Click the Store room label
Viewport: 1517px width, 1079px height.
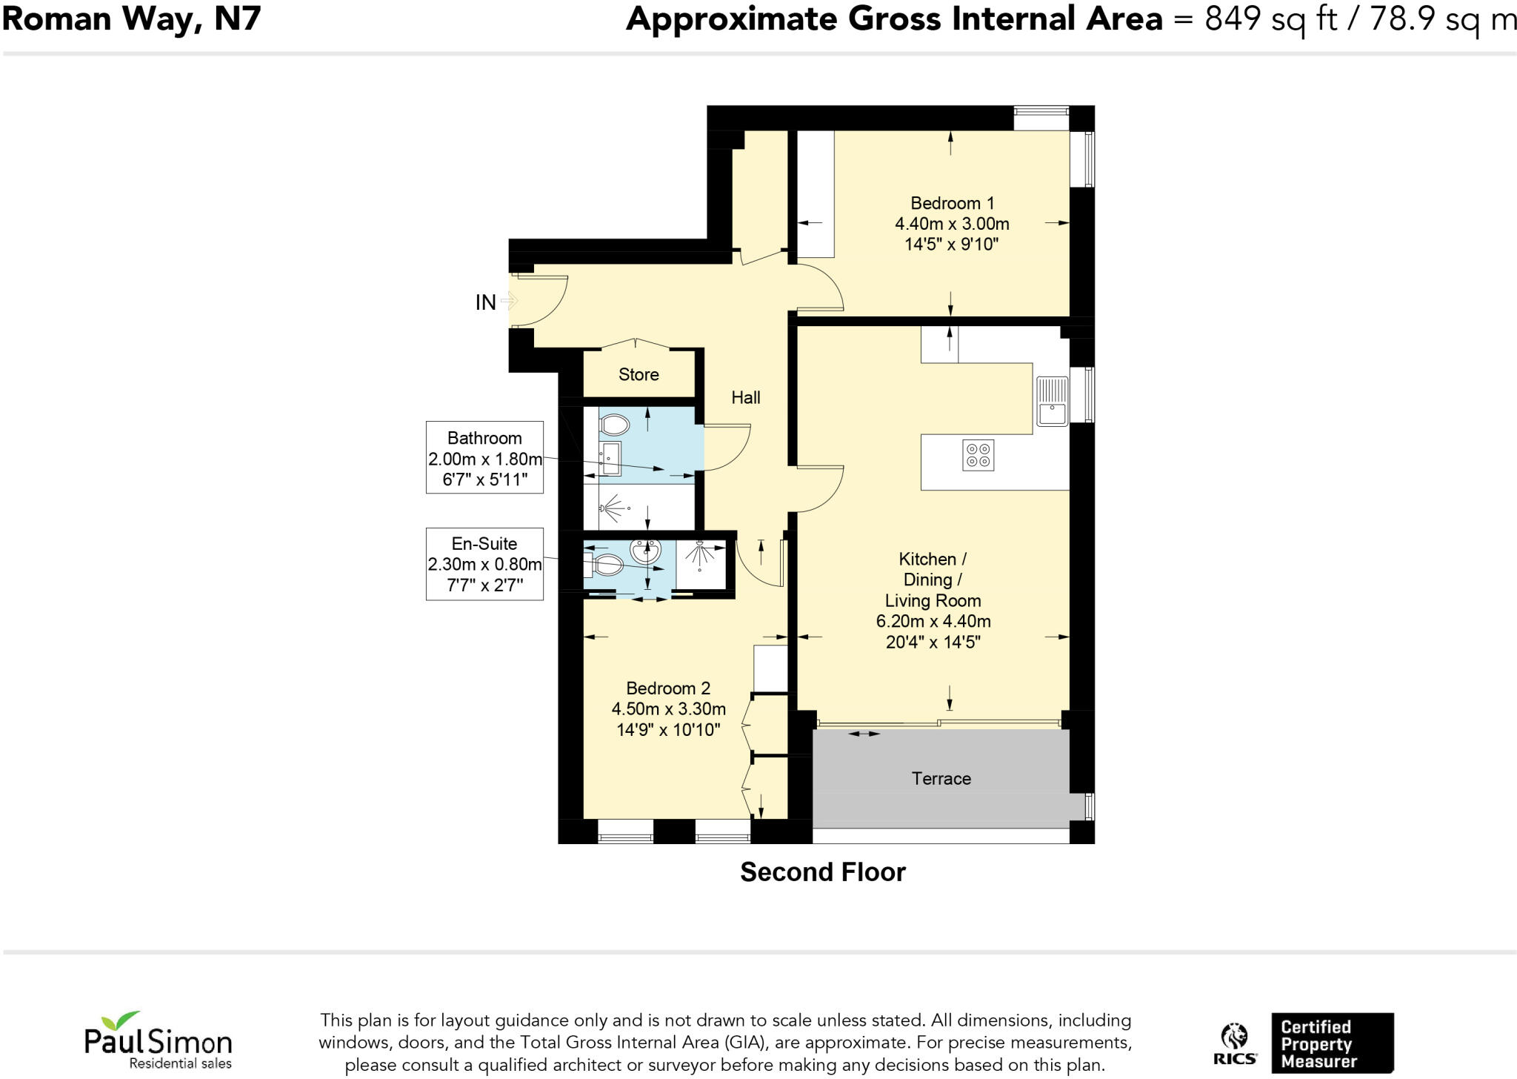point(639,374)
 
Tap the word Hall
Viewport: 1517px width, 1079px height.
point(745,397)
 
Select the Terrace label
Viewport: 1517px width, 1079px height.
point(941,778)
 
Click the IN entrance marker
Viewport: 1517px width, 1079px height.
point(486,302)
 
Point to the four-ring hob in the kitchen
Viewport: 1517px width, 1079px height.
point(978,455)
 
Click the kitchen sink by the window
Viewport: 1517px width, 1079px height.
point(1051,401)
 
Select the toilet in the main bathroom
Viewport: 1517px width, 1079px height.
point(613,425)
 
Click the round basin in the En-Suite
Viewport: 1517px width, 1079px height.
point(644,551)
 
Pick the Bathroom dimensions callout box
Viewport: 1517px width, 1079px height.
point(484,457)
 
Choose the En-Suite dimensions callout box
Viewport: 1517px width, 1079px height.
point(484,564)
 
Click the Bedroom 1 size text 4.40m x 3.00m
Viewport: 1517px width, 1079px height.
point(952,224)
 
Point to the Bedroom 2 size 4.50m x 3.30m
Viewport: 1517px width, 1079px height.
point(668,709)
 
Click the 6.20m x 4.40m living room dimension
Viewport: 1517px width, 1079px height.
point(933,622)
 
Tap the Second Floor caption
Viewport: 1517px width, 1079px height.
point(822,872)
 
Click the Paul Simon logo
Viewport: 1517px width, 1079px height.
point(158,1040)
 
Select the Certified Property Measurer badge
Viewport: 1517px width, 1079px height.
point(1331,1043)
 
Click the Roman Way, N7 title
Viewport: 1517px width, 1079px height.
point(132,19)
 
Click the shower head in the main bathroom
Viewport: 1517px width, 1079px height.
point(612,508)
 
